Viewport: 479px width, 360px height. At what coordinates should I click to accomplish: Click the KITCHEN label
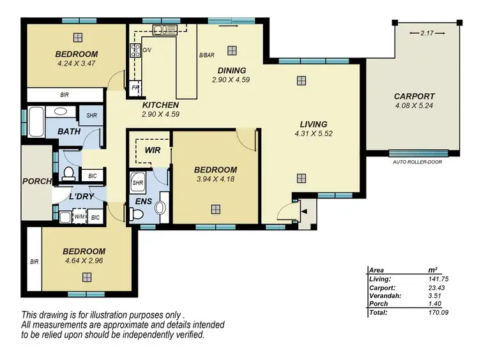pos(160,105)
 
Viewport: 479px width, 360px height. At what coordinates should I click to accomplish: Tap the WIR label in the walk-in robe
pos(151,150)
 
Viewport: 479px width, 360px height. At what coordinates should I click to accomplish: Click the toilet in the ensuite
pos(158,207)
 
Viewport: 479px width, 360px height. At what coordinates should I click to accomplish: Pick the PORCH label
pos(36,181)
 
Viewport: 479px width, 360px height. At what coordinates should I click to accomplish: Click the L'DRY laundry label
pos(82,196)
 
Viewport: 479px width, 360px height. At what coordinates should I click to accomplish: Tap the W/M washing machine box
pos(80,218)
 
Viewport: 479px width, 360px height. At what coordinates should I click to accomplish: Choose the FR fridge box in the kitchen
pos(135,87)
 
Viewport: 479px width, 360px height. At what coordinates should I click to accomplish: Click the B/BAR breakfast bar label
pos(206,56)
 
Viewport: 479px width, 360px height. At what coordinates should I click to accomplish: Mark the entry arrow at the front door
pos(303,210)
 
